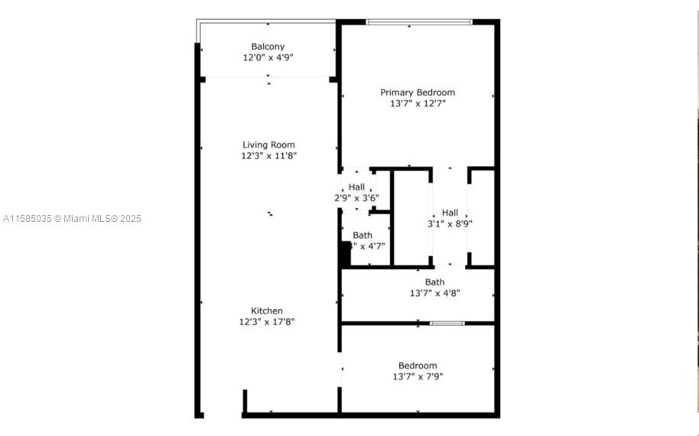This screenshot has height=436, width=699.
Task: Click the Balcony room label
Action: pyautogui.click(x=268, y=47)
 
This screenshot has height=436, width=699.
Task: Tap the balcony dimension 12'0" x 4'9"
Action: pyautogui.click(x=268, y=57)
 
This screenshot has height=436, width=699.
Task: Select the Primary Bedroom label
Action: pyautogui.click(x=418, y=93)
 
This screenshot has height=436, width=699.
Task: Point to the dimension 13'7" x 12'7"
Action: pyautogui.click(x=418, y=103)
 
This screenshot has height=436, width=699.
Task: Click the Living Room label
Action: pyautogui.click(x=268, y=145)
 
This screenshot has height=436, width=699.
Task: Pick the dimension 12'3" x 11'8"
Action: pyautogui.click(x=268, y=155)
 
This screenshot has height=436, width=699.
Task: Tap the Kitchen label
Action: pyautogui.click(x=267, y=311)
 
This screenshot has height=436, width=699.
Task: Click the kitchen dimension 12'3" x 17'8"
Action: pyautogui.click(x=267, y=321)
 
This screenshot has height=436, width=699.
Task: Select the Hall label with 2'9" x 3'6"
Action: pyautogui.click(x=356, y=187)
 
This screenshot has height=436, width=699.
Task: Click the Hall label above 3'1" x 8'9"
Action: pyautogui.click(x=450, y=213)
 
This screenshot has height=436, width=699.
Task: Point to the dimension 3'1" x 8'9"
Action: pyautogui.click(x=450, y=224)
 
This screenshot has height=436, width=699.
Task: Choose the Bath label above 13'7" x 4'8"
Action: pyautogui.click(x=434, y=282)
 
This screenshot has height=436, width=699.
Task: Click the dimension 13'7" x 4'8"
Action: pyautogui.click(x=434, y=292)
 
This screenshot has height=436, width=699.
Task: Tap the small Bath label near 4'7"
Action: pyautogui.click(x=363, y=235)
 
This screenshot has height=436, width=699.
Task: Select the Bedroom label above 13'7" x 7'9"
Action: pyautogui.click(x=418, y=366)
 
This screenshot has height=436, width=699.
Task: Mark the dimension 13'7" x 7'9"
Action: pyautogui.click(x=418, y=376)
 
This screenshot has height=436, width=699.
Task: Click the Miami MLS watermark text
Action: pyautogui.click(x=72, y=219)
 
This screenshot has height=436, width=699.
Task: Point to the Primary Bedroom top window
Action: pyautogui.click(x=418, y=22)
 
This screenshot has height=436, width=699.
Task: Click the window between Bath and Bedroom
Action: pyautogui.click(x=447, y=323)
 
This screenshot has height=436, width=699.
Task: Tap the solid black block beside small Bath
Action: pyautogui.click(x=344, y=254)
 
